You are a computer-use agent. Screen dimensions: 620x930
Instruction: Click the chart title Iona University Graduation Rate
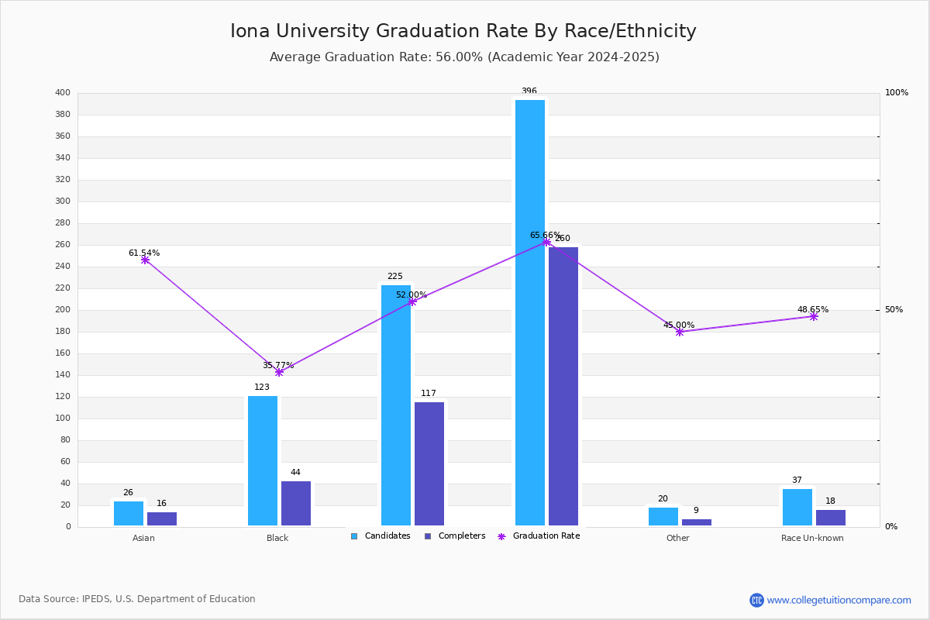[463, 31]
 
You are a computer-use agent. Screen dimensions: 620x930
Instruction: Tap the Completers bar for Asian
[162, 518]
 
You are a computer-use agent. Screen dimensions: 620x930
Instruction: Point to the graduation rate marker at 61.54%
[145, 260]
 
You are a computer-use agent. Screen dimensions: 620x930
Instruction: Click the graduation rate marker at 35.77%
[279, 372]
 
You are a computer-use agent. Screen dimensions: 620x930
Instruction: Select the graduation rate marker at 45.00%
[680, 332]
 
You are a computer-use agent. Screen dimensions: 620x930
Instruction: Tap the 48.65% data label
[813, 309]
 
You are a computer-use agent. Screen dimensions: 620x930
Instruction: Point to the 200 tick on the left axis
[63, 310]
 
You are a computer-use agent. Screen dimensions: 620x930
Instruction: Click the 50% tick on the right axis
[894, 310]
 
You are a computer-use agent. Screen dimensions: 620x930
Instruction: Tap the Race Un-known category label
[812, 538]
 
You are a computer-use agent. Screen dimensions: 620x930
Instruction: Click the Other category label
[677, 538]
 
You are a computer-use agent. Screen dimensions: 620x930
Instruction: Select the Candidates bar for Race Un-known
[797, 507]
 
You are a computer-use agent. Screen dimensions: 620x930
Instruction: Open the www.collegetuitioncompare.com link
[839, 600]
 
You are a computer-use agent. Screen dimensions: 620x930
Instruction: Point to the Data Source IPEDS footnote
[137, 599]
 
